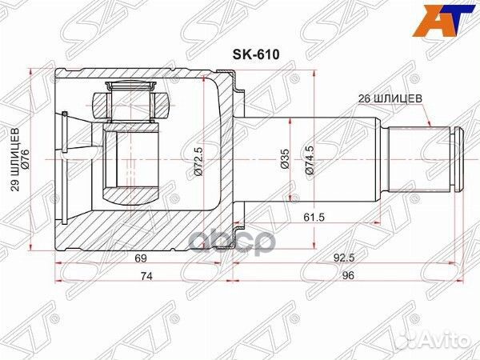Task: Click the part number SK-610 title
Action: [x=241, y=57]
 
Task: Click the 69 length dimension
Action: [x=140, y=259]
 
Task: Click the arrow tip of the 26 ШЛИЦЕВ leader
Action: [x=430, y=129]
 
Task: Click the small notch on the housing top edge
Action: [x=232, y=74]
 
